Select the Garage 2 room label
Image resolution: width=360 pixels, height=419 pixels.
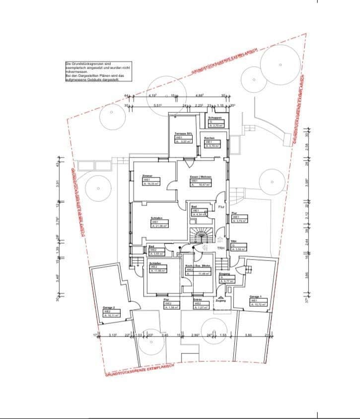109,311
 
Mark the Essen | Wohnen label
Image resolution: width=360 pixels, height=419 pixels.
201,180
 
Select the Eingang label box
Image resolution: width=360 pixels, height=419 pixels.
224,278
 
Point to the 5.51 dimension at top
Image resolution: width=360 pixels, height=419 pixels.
158,105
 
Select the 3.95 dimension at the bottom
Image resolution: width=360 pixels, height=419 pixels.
249,335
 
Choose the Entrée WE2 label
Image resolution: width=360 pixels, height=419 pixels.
200,304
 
